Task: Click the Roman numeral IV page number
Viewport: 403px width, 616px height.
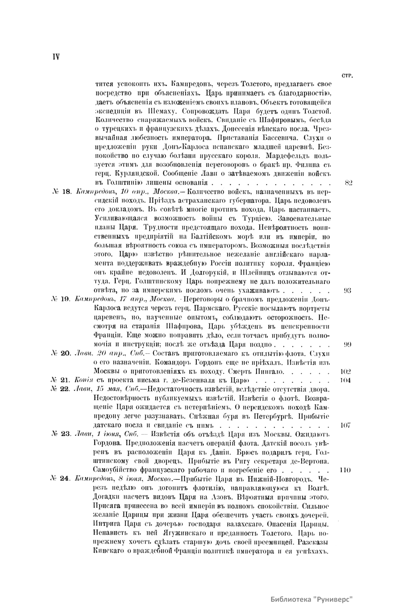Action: point(55,57)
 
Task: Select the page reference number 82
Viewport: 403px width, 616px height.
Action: point(348,183)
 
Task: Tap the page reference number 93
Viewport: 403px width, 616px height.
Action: point(348,291)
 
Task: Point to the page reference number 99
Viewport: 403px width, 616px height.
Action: point(348,344)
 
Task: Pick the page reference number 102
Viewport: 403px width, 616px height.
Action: point(345,372)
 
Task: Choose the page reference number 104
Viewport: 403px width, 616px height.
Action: point(345,380)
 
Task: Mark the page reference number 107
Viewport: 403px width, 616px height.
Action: point(345,425)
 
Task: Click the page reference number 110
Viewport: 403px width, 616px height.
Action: point(345,470)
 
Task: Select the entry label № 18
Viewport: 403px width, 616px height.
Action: point(61,192)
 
